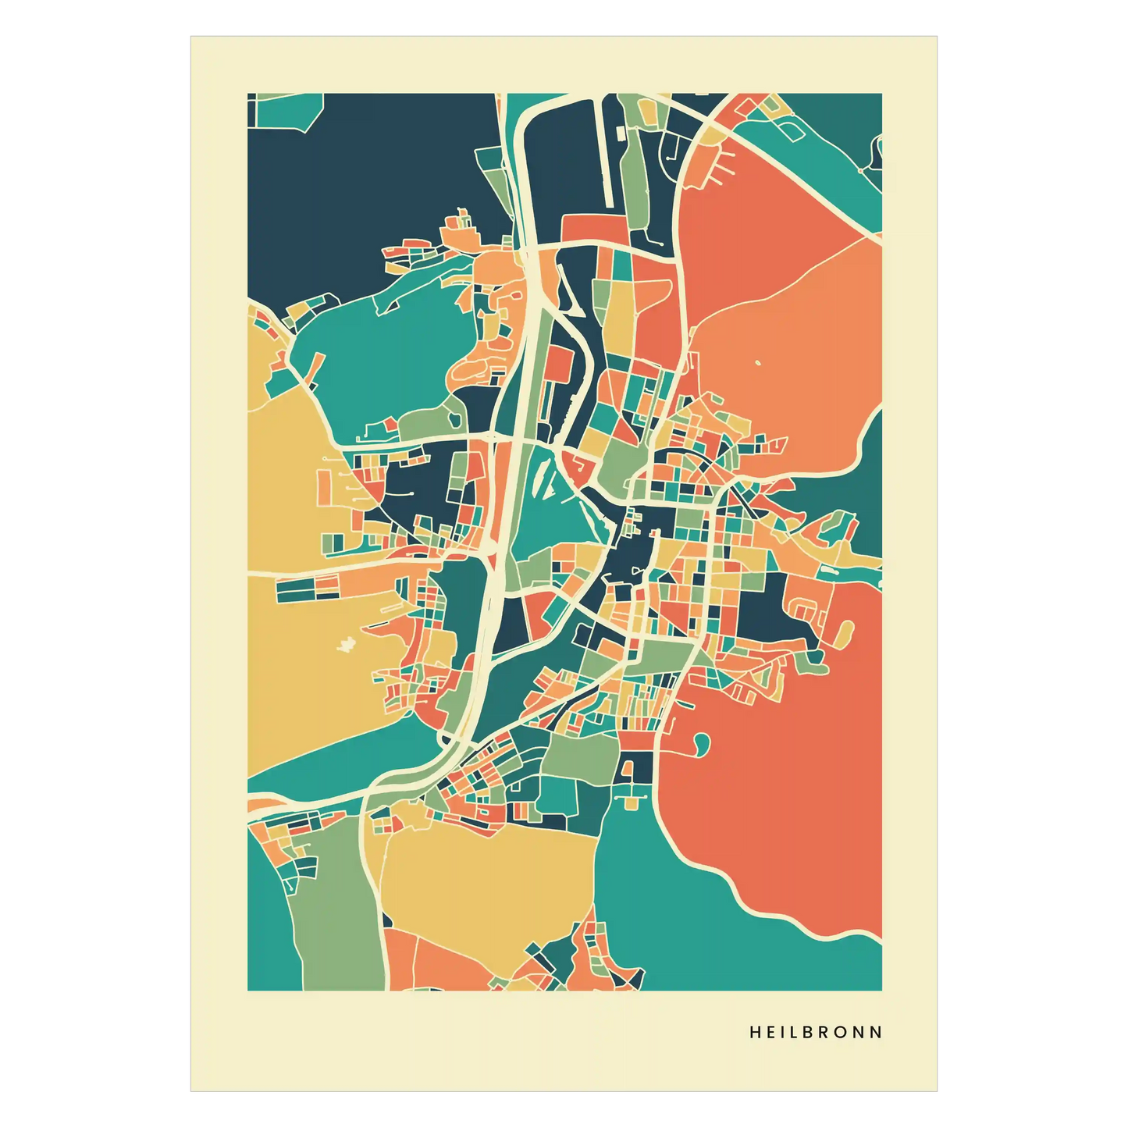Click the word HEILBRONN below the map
pos(816,1032)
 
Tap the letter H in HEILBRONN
pos(755,1032)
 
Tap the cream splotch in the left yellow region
pos(346,644)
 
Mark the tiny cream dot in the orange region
pos(757,362)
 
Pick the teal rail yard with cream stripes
pos(546,500)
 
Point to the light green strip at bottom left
pos(336,921)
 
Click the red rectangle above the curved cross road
pos(593,227)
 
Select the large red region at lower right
pos(781,796)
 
